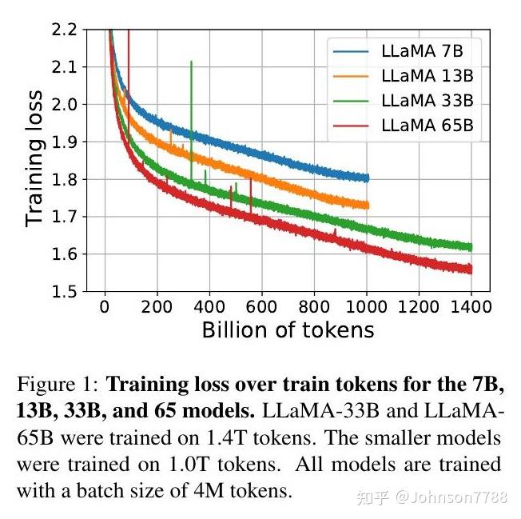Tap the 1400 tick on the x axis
coord(471,307)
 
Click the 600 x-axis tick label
coord(261,307)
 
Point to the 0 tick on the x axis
coord(105,307)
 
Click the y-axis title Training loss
coord(34,161)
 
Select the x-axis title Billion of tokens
coord(288,329)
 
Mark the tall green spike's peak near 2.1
coord(191,62)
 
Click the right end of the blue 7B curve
coord(367,178)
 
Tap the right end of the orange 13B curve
coord(367,206)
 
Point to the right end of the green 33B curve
coord(471,247)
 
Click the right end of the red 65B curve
coord(471,269)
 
